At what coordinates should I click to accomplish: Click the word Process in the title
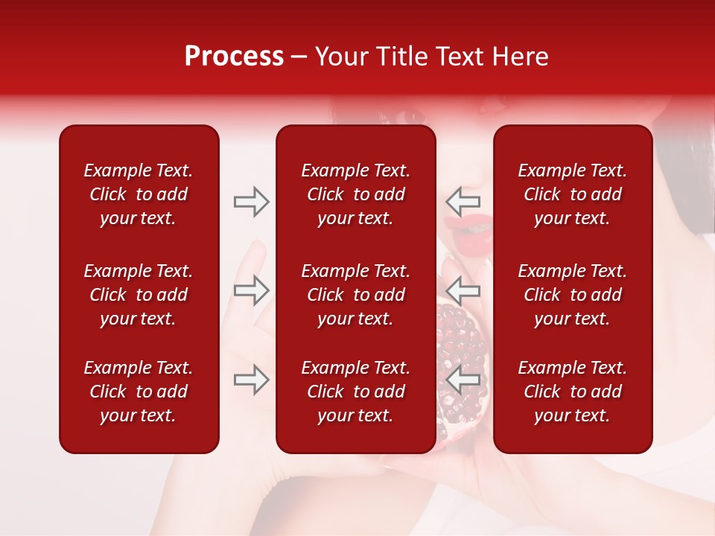(x=234, y=57)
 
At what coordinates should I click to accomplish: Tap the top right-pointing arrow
(x=251, y=202)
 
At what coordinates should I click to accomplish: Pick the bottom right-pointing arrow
(x=251, y=380)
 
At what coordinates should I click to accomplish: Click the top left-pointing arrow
(x=463, y=201)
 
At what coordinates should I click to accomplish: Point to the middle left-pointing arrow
(x=463, y=290)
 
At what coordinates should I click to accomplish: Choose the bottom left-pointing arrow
(x=463, y=380)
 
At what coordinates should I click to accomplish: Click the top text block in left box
(x=139, y=194)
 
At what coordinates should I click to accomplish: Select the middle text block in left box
(x=139, y=295)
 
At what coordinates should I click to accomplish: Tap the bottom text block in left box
(x=139, y=392)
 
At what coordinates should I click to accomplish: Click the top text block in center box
(x=356, y=194)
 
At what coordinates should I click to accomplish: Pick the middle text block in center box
(x=356, y=295)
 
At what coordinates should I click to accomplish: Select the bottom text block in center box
(x=356, y=392)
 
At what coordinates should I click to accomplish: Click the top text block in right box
(x=573, y=194)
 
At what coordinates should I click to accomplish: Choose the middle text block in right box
(x=573, y=295)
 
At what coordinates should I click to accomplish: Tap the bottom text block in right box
(x=573, y=392)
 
